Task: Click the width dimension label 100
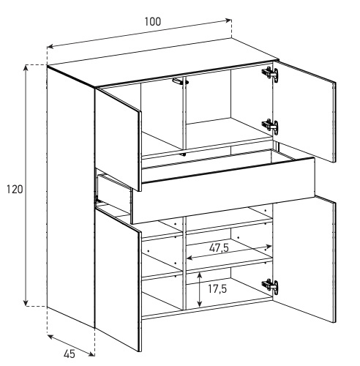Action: click(x=153, y=22)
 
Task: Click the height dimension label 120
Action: click(x=15, y=190)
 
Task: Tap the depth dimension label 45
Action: click(x=70, y=354)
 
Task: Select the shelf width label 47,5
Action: click(x=219, y=248)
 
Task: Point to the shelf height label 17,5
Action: click(x=217, y=289)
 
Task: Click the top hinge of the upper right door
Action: click(x=270, y=73)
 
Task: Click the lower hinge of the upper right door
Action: click(x=270, y=126)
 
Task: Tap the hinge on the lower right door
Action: click(x=270, y=285)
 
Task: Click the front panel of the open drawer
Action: click(x=223, y=191)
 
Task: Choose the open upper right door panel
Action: click(x=304, y=111)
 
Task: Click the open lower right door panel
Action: click(x=304, y=258)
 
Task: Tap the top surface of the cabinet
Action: click(x=163, y=62)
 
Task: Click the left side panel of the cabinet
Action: click(x=71, y=196)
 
